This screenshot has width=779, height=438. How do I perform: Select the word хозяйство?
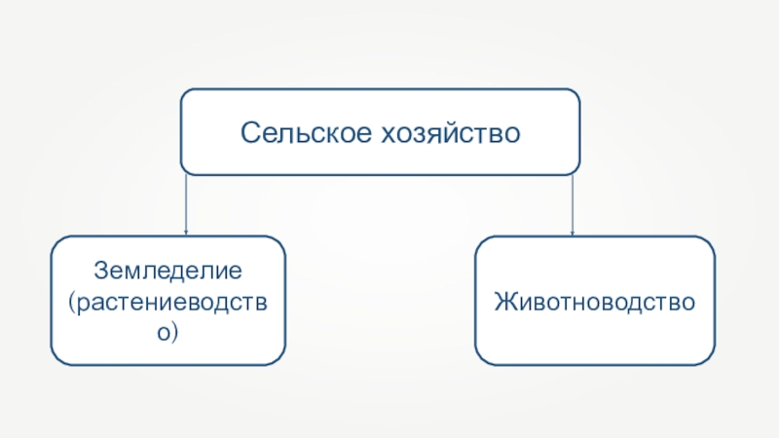(451, 133)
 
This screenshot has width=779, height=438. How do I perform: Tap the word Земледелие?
(167, 272)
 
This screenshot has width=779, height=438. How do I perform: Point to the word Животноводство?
(595, 302)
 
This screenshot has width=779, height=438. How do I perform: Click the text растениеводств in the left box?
(172, 303)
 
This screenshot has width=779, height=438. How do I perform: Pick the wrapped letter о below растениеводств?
(164, 333)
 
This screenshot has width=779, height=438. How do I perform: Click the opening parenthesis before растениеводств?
(72, 303)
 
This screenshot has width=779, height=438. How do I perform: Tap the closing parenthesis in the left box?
(174, 333)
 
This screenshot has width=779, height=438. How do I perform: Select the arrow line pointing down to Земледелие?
(186, 204)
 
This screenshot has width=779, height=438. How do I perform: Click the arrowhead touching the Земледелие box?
(186, 232)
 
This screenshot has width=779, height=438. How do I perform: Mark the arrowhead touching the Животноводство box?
(573, 233)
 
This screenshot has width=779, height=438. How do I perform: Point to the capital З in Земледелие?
(101, 271)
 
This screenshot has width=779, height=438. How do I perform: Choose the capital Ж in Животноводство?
(505, 302)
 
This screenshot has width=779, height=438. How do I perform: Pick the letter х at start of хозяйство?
(388, 135)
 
